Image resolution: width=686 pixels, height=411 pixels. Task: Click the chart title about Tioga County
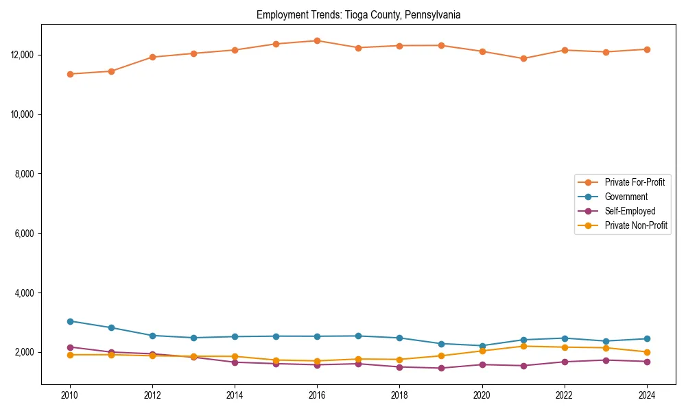(358, 14)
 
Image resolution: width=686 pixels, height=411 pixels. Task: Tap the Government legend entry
(626, 197)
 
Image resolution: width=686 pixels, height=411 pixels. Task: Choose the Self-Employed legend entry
(630, 211)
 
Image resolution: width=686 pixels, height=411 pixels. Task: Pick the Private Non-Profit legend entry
(636, 225)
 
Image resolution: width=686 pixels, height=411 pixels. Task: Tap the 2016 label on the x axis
(317, 395)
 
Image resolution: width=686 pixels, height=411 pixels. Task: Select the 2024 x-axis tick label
(647, 395)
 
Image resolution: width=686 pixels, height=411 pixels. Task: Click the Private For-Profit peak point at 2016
(317, 40)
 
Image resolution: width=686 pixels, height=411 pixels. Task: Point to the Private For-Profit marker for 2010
(70, 74)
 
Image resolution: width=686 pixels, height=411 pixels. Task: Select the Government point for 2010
(70, 321)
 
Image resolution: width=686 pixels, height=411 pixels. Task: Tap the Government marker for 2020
(482, 346)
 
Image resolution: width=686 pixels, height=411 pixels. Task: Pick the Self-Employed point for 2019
(441, 369)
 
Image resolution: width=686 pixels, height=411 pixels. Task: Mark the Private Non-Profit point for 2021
(523, 346)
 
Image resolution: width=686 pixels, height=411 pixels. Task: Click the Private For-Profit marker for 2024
(647, 49)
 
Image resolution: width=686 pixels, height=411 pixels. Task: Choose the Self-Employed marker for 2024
(647, 362)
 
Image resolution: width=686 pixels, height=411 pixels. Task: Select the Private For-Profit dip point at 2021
(523, 58)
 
